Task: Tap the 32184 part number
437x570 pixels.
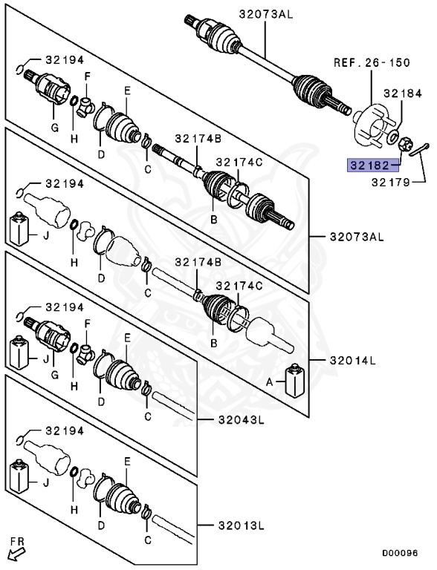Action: (401, 94)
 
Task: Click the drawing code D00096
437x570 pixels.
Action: (401, 553)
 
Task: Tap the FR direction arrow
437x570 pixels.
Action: (16, 550)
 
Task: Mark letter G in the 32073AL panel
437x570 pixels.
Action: (53, 127)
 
